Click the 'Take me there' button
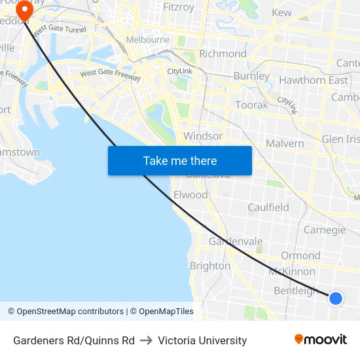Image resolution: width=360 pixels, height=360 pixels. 180,160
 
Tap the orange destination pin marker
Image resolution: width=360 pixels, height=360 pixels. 25,10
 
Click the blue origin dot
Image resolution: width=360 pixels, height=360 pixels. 336,298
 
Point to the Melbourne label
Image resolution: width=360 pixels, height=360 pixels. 148,39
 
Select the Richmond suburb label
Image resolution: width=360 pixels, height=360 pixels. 223,54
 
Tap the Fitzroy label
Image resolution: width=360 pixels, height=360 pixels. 179,8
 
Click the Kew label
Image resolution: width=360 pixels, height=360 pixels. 281,12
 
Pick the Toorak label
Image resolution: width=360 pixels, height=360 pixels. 252,105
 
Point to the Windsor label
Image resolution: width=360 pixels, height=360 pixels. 203,136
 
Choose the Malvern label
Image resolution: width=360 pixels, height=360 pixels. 285,143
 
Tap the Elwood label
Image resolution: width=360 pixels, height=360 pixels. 190,195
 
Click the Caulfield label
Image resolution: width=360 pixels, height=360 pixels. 268,207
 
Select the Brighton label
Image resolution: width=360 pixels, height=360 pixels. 210,266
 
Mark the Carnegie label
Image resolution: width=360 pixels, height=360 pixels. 325,230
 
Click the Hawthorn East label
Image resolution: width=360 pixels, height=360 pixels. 314,80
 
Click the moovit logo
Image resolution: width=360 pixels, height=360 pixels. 321,340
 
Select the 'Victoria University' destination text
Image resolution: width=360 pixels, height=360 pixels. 202,340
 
